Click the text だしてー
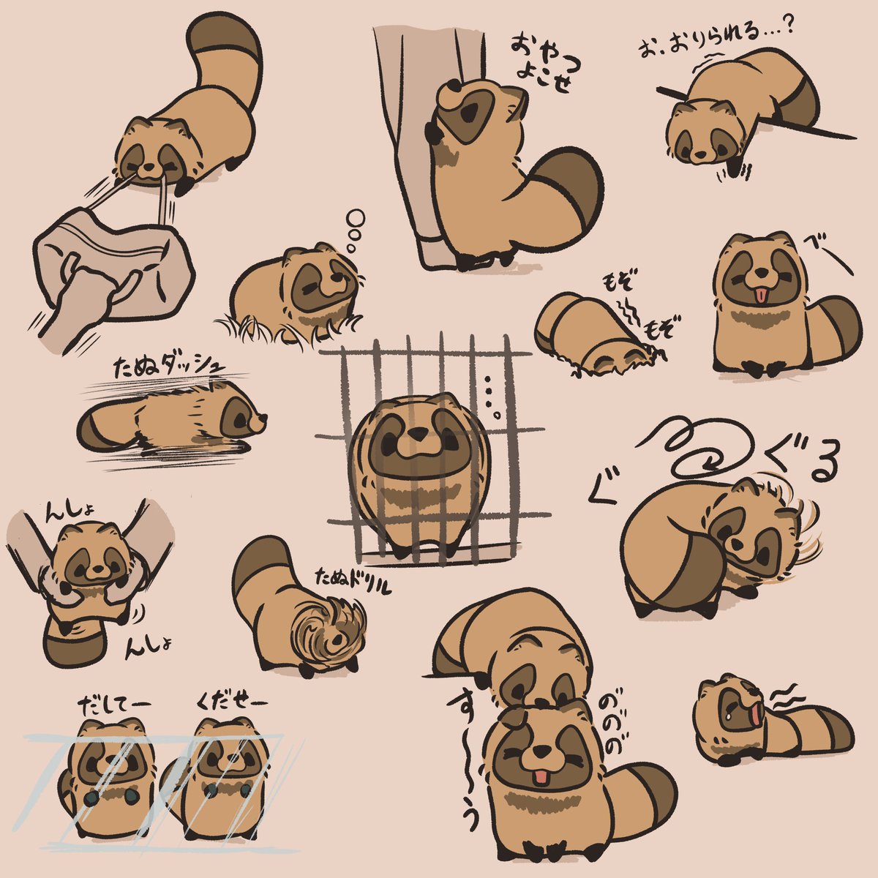click(113, 706)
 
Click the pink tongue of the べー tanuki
click(759, 295)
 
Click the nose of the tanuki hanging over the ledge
click(699, 155)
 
